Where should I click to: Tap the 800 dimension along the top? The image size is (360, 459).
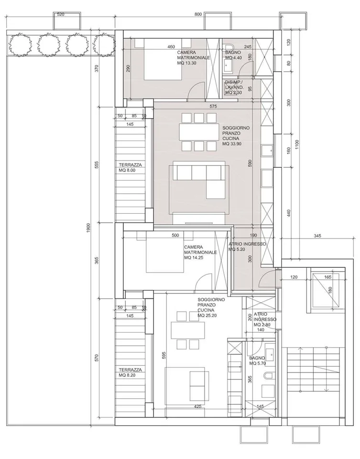coord(198,14)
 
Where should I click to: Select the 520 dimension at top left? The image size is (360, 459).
coord(61,14)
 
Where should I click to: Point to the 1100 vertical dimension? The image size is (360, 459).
coord(297,145)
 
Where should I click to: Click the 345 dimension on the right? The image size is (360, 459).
coord(317,236)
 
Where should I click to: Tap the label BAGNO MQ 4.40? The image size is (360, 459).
coord(234,55)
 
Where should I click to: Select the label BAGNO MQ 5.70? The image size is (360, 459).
coord(257,361)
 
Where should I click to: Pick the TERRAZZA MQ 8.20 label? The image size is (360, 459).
coord(130,372)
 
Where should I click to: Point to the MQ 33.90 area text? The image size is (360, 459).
coord(232,144)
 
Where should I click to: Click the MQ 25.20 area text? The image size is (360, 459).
coord(207,316)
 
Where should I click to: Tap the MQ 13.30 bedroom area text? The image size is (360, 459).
coord(187,63)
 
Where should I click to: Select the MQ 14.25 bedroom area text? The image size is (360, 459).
coord(194,258)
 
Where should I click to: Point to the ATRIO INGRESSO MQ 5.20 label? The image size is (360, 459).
coord(247,247)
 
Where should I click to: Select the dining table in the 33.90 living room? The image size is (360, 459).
coord(198,132)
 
